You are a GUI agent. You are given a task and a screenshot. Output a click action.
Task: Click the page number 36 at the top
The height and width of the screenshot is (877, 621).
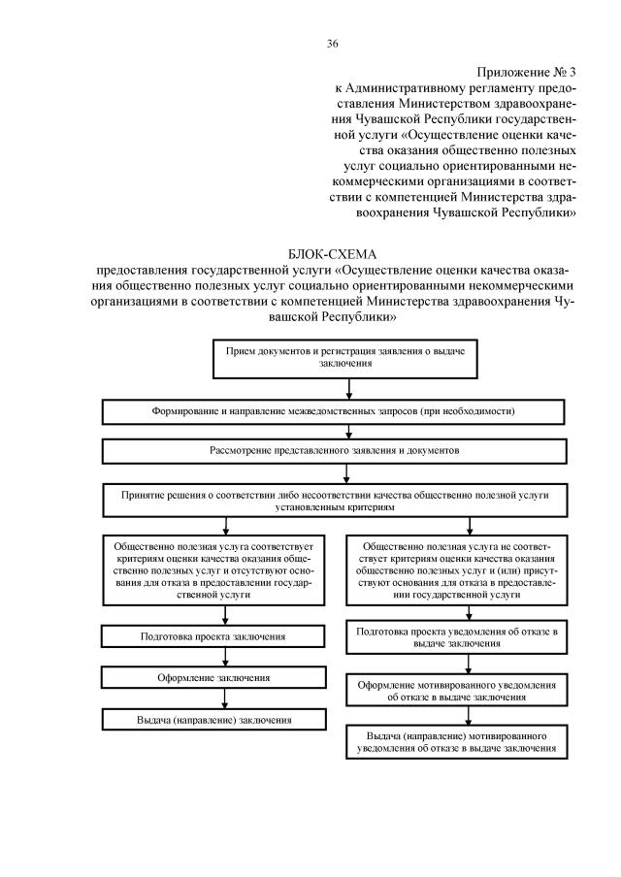(332, 44)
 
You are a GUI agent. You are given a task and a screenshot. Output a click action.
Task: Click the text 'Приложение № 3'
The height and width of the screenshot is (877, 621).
(529, 73)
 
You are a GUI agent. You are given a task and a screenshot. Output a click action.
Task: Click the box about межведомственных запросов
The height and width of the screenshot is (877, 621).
(333, 411)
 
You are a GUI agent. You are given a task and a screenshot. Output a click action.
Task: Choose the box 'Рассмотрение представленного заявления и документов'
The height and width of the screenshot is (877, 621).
(333, 451)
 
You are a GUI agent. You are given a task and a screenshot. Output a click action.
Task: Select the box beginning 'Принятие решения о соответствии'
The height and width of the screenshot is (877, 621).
(333, 501)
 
